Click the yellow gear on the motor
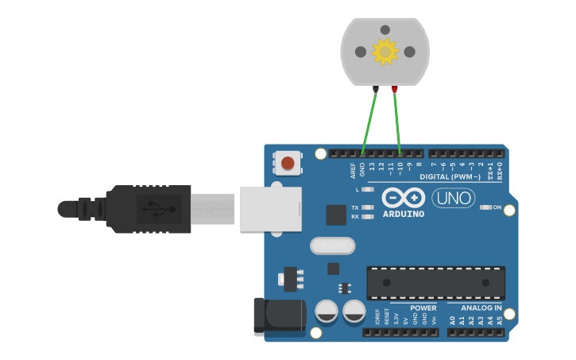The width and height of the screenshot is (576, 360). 385,52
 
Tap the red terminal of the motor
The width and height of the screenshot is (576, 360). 395,89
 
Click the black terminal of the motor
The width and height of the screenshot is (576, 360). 376,89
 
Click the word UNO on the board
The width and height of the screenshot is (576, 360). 454,198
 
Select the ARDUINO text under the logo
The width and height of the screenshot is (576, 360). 404,214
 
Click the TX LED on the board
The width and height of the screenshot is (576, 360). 367,207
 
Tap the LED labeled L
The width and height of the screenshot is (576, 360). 367,189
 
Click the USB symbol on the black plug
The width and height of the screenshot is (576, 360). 153,209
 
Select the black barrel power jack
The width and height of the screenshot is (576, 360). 278,315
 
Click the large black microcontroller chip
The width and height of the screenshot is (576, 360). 435,283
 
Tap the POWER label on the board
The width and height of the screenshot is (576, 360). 423,308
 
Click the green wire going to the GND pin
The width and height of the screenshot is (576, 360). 369,121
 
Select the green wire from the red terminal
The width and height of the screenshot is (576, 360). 397,121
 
